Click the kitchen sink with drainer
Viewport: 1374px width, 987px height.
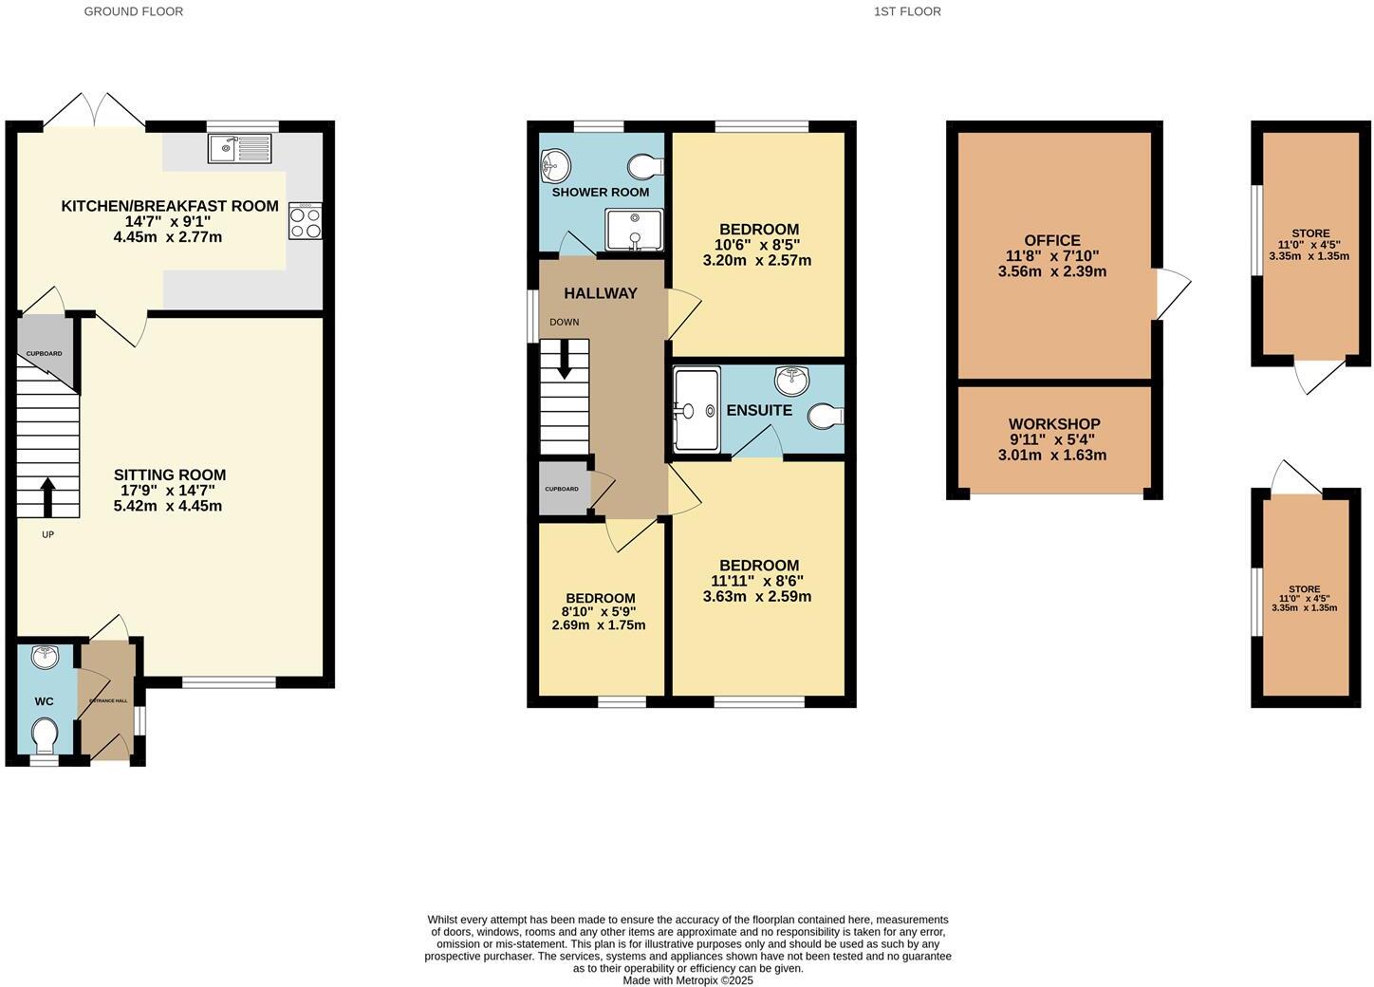tap(240, 147)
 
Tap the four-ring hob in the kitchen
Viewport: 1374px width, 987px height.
tap(305, 221)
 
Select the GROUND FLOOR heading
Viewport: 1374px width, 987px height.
tap(134, 11)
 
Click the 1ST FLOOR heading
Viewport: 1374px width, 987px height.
tap(908, 11)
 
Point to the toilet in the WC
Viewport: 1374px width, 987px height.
tap(45, 734)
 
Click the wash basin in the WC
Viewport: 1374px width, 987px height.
tap(45, 656)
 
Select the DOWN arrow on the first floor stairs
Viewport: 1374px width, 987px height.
tap(565, 359)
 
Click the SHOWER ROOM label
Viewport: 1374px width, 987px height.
tap(601, 192)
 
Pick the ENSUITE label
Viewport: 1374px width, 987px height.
tap(759, 410)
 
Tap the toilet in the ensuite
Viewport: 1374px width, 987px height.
tap(826, 416)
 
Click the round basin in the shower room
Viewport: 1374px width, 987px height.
tap(555, 167)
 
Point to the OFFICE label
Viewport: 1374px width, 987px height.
tap(1052, 241)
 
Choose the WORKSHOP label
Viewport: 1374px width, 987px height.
tap(1054, 424)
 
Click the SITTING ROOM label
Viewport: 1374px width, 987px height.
tap(170, 475)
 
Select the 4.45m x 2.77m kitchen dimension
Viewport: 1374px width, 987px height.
tap(167, 236)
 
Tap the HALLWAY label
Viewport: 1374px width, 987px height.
tap(601, 293)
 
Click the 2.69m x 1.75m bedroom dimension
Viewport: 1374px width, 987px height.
tap(599, 624)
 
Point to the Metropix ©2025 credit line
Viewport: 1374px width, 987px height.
tap(688, 980)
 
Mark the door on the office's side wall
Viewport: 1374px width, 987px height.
tap(1171, 295)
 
